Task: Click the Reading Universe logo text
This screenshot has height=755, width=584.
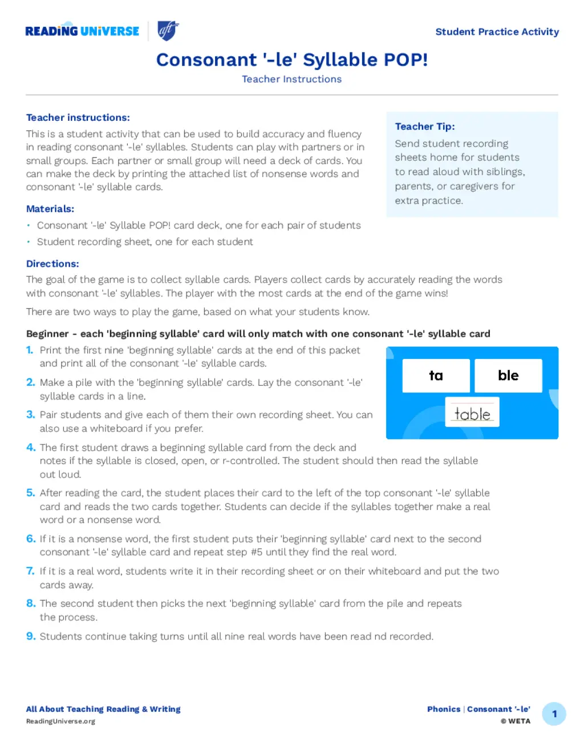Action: point(82,31)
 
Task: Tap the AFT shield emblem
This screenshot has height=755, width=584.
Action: point(168,30)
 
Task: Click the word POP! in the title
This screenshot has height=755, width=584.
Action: point(405,60)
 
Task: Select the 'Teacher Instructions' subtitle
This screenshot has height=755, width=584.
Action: point(291,79)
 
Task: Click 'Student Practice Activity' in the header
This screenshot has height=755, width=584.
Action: point(497,32)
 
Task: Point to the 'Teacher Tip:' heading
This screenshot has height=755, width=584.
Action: point(425,126)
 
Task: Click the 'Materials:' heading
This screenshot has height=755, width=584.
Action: point(50,209)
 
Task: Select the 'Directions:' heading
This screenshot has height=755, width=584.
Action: point(52,264)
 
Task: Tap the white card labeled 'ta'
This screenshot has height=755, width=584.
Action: point(436,376)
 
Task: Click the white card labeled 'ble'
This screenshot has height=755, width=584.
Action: point(508,376)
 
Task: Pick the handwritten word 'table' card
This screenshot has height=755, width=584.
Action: point(472,412)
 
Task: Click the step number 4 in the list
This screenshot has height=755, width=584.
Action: point(31,448)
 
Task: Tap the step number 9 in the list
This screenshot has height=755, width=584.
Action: point(31,636)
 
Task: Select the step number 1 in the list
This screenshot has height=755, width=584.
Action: point(30,350)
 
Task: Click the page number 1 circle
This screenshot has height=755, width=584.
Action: point(554,714)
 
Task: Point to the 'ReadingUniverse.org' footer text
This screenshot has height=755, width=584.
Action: point(60,721)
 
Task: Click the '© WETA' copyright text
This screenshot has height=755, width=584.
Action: point(516,721)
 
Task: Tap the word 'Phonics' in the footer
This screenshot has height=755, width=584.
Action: point(444,709)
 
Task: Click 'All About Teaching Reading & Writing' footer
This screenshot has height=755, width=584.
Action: point(103,709)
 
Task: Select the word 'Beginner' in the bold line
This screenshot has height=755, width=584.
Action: point(47,334)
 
